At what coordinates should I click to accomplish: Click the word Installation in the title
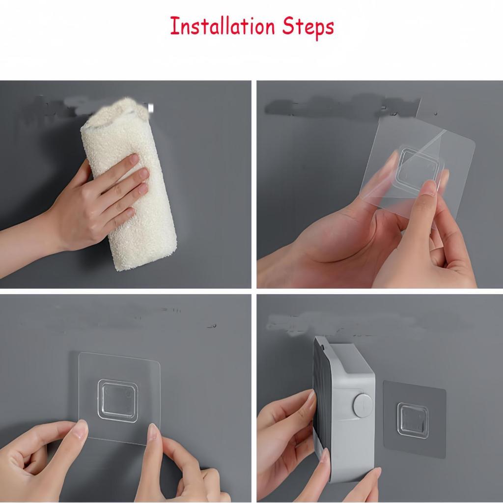[x=223, y=27]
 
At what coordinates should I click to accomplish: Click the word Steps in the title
[x=308, y=28]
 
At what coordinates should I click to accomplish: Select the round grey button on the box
[x=363, y=404]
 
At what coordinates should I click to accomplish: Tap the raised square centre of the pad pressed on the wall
[x=118, y=400]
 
